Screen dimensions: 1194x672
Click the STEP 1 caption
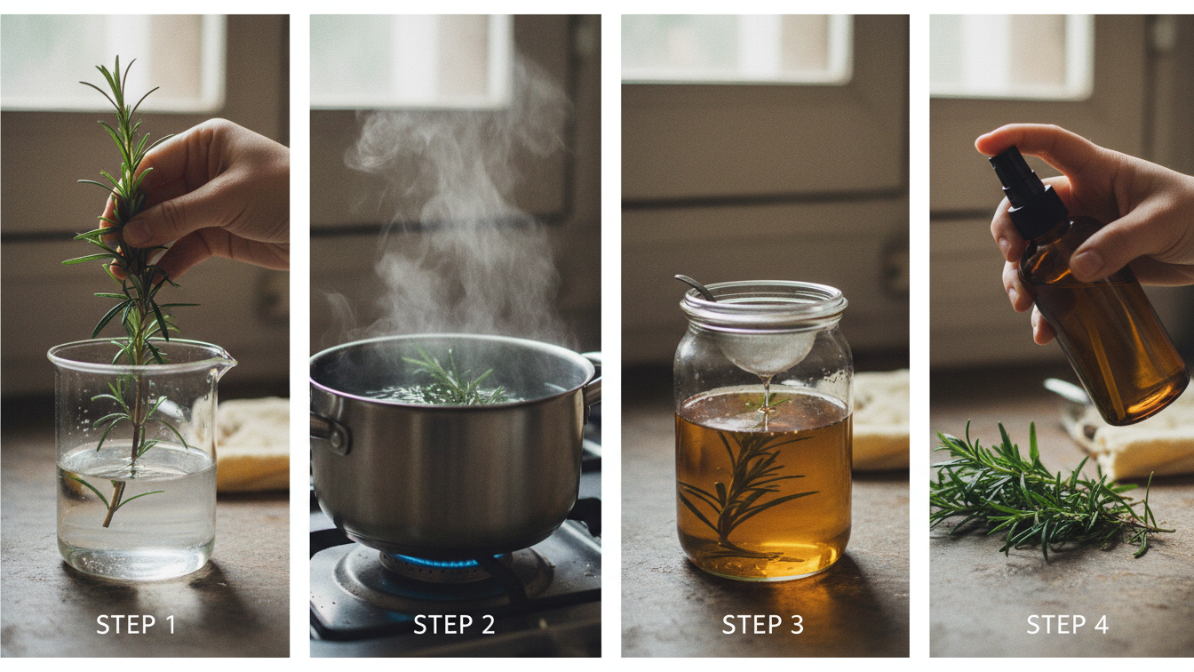[x=135, y=625]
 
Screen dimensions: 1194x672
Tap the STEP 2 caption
[x=454, y=625]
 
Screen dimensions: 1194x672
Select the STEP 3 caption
[x=763, y=625]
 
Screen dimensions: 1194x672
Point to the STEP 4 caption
[x=1067, y=625]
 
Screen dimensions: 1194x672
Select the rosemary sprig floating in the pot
[x=453, y=380]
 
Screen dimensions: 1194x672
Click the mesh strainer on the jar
[x=766, y=347]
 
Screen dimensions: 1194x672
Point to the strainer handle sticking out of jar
[x=695, y=287]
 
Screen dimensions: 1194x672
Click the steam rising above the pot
[x=453, y=213]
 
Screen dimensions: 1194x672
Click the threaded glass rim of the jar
[x=763, y=303]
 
